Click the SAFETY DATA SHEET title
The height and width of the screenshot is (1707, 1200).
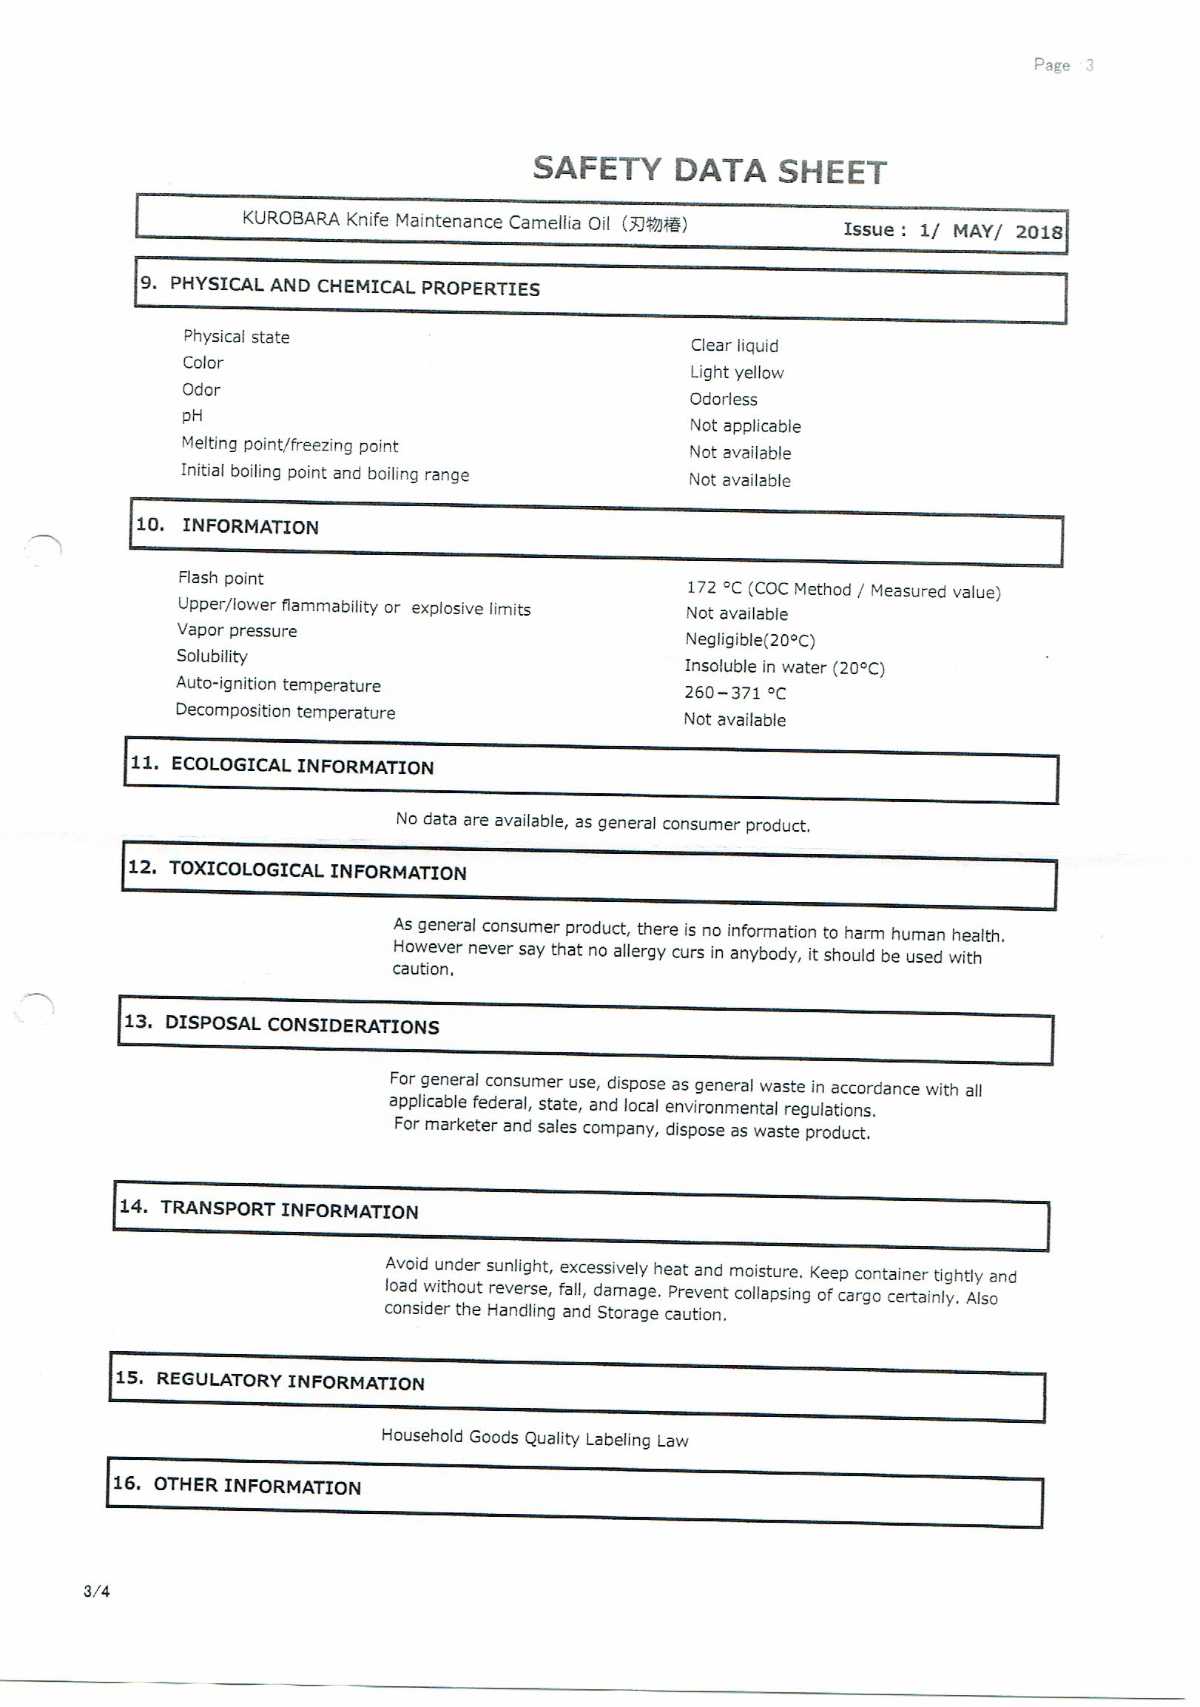(x=709, y=170)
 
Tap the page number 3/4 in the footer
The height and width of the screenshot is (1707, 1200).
(x=97, y=1592)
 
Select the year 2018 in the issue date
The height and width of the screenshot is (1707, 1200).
(x=1038, y=232)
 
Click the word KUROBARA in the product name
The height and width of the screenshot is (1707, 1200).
(x=291, y=219)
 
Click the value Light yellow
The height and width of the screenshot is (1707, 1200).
(x=736, y=372)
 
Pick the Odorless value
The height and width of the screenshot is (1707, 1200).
(x=723, y=400)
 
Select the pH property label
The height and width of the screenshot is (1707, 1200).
(x=192, y=416)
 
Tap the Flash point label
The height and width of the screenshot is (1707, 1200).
(x=220, y=579)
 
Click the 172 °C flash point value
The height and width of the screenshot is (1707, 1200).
(x=714, y=588)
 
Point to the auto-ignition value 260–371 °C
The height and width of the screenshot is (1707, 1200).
(x=735, y=693)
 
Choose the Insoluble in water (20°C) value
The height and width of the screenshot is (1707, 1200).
(x=784, y=667)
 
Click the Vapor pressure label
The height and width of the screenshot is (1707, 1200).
(x=237, y=630)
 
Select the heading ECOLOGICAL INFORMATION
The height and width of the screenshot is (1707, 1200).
(x=302, y=766)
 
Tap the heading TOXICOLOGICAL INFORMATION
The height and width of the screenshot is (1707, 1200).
(x=317, y=871)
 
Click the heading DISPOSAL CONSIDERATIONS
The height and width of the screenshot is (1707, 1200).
(x=302, y=1025)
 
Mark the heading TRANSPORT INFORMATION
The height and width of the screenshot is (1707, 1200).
(x=289, y=1210)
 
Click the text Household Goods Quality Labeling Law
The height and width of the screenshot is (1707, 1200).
(x=535, y=1438)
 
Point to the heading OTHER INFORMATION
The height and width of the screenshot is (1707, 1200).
(x=257, y=1486)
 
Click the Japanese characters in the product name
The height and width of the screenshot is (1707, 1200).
(x=654, y=223)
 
